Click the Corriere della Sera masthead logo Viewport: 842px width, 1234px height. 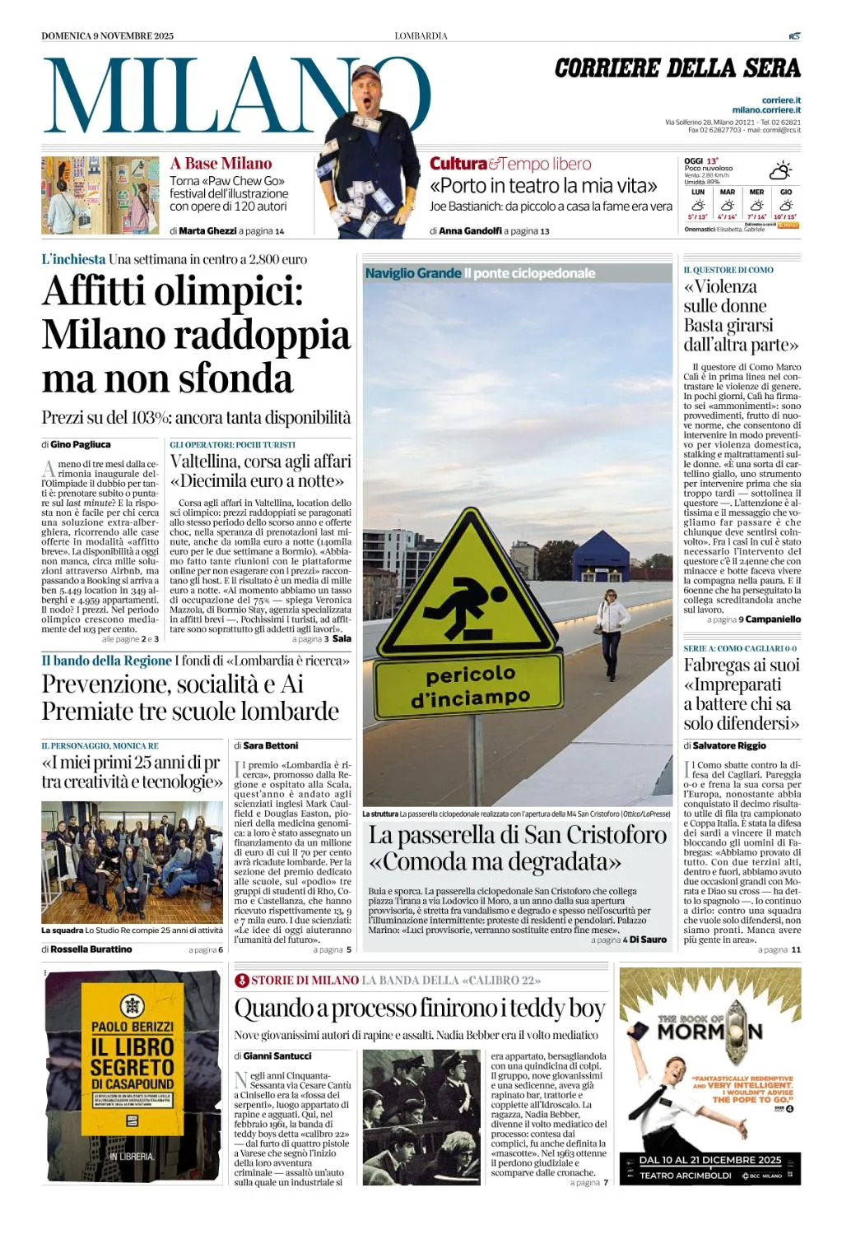677,68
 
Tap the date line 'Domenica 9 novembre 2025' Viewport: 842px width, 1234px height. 108,35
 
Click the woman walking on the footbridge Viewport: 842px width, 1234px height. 610,630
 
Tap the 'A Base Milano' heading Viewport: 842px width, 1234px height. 221,163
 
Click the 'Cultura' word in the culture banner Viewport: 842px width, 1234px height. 458,164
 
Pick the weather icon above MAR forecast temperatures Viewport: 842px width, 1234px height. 727,205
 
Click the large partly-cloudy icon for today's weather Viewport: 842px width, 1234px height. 779,170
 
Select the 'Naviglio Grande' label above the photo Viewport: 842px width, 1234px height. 413,273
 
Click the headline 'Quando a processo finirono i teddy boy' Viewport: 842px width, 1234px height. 420,1008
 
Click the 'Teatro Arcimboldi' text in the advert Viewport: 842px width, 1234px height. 686,1176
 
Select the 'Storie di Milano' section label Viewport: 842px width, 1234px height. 305,980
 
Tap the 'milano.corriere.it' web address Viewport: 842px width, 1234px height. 766,109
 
